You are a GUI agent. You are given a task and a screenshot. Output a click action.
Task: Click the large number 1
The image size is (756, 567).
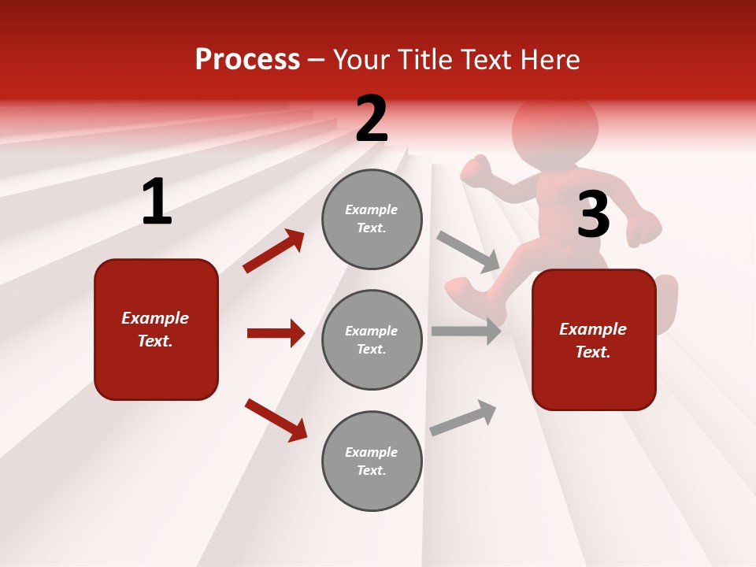(x=157, y=202)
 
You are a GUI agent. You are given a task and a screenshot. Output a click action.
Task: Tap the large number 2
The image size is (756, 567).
(x=371, y=119)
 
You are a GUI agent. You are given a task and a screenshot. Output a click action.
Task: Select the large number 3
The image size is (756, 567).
(x=593, y=214)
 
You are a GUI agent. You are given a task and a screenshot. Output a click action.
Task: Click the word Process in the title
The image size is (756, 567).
(x=247, y=59)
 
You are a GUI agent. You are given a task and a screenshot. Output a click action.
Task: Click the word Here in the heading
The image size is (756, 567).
(x=548, y=59)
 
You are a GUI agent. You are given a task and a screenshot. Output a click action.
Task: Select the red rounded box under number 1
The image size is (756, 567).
(x=156, y=329)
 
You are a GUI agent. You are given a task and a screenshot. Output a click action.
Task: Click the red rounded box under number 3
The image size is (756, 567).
(x=594, y=339)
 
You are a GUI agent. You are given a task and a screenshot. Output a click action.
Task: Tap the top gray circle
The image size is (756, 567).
(x=372, y=219)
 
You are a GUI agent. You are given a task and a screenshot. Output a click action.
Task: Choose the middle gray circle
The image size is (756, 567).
(x=372, y=339)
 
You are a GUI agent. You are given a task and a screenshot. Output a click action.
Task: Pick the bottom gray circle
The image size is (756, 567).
(x=372, y=461)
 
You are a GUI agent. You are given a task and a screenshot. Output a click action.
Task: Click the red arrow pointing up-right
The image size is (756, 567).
(x=274, y=251)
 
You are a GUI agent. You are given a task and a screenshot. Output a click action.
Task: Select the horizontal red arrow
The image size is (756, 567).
(x=276, y=333)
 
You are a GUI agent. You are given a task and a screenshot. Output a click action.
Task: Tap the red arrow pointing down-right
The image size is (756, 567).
(x=276, y=420)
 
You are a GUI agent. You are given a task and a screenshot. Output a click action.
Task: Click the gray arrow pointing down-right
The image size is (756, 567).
(x=469, y=251)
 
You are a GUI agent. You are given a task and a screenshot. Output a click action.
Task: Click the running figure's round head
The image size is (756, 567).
(x=555, y=126)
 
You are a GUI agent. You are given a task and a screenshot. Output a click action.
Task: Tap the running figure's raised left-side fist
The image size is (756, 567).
(x=475, y=171)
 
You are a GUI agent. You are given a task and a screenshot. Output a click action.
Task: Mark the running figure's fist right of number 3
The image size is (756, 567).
(x=645, y=227)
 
